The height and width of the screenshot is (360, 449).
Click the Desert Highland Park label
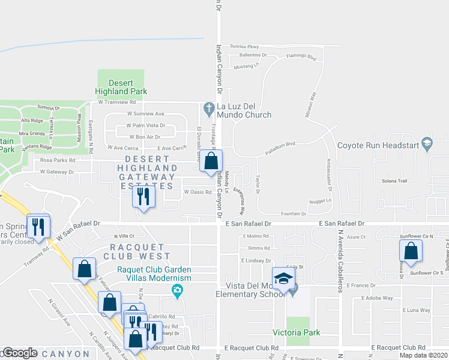121,87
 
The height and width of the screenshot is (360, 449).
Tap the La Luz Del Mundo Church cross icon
209,109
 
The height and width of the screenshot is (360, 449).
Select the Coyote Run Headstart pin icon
427,145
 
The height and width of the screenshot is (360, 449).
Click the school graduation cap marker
284,278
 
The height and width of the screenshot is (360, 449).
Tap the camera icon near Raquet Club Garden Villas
177,292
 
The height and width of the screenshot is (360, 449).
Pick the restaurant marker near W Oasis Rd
143,197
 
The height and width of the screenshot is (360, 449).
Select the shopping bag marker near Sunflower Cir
411,251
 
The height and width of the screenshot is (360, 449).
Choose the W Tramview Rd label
116,102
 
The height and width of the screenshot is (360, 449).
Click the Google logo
20,353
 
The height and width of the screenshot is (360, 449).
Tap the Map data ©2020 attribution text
423,355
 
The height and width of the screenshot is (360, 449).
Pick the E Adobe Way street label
377,298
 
